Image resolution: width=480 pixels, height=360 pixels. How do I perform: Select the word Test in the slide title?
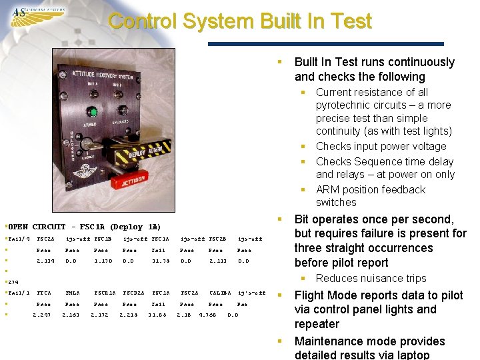point(350,21)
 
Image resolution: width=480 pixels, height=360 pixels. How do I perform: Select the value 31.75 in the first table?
point(161,261)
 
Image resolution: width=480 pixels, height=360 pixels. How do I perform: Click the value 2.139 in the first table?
point(45,261)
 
